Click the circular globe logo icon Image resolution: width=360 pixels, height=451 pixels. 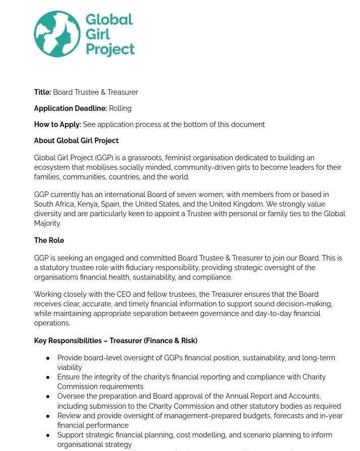click(x=57, y=34)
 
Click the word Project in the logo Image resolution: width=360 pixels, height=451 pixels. click(x=110, y=49)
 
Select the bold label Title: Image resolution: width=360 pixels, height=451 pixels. click(x=43, y=92)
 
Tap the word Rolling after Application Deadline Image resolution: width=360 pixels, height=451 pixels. click(x=120, y=108)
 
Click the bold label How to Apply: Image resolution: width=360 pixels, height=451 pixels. click(x=57, y=124)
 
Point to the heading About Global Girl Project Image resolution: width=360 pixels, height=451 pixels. click(x=76, y=141)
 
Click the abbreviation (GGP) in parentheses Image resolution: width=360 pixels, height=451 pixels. click(x=105, y=158)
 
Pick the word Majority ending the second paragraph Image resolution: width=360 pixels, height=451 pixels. click(x=47, y=223)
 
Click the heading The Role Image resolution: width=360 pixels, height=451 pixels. click(x=49, y=240)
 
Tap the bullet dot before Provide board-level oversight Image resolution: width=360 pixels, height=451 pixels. click(x=48, y=358)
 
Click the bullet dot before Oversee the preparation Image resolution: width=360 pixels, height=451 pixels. click(x=48, y=397)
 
